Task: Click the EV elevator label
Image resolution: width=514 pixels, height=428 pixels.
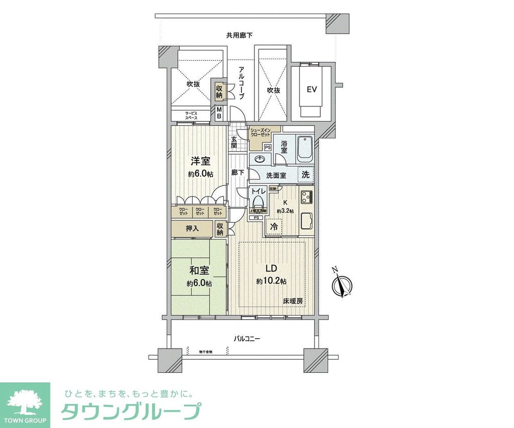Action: click(x=312, y=90)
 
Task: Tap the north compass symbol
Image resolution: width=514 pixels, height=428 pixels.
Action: click(x=342, y=286)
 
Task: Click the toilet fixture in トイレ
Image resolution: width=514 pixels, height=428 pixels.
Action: click(x=258, y=203)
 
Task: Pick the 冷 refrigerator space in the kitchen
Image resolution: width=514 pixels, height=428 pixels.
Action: click(x=274, y=226)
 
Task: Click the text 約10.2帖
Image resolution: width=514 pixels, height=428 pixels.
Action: click(x=272, y=282)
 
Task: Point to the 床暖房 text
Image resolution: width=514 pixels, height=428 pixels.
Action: click(x=293, y=302)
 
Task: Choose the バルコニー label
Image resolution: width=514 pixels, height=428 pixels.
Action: click(x=246, y=339)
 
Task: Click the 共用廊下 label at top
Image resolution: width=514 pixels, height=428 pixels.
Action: click(x=239, y=35)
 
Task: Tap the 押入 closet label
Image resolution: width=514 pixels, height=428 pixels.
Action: click(x=193, y=228)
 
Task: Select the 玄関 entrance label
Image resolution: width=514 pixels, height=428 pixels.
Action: click(x=234, y=142)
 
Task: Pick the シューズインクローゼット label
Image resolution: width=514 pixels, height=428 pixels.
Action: click(x=261, y=134)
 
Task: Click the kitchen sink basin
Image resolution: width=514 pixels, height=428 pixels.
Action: click(x=305, y=221)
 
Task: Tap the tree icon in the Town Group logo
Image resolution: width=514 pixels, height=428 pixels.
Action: click(x=25, y=400)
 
